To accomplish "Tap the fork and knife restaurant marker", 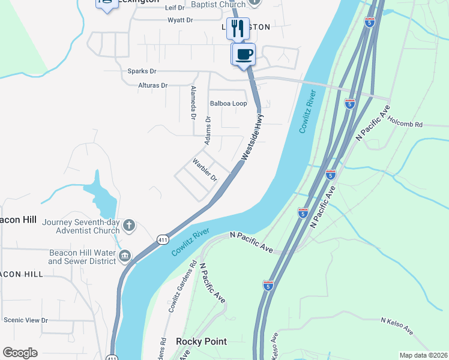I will click(x=238, y=28).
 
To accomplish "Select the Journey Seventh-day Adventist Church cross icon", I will click(x=128, y=226).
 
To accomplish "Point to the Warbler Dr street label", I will click(x=204, y=170).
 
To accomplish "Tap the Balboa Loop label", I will click(x=228, y=103).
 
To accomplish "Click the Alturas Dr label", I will click(x=152, y=86).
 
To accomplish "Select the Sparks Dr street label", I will click(x=142, y=71).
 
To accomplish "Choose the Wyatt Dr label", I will click(x=180, y=20).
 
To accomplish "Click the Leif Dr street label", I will click(x=174, y=7).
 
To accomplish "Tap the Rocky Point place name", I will click(x=202, y=341).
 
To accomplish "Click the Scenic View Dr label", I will click(x=25, y=320).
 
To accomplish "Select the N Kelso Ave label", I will click(x=397, y=326).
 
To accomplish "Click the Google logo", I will click(x=20, y=353).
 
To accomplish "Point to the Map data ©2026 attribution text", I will click(x=423, y=355).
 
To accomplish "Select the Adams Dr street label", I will click(x=208, y=131).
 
